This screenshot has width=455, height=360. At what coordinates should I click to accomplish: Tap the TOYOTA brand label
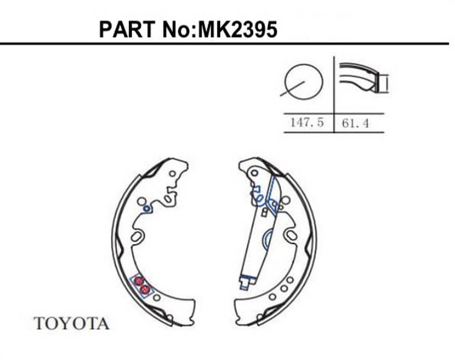[x=71, y=323]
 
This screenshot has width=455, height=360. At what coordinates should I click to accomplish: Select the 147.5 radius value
[x=307, y=122]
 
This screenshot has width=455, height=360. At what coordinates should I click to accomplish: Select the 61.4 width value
[x=355, y=123]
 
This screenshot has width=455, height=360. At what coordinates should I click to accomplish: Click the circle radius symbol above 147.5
[x=304, y=82]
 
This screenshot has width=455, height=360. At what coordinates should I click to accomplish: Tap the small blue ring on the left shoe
[x=146, y=208]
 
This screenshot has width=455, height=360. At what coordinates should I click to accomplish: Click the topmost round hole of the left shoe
[x=172, y=174]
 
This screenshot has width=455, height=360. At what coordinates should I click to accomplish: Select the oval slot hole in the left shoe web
[x=137, y=236]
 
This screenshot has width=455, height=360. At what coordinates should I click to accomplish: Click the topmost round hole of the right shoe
[x=254, y=173]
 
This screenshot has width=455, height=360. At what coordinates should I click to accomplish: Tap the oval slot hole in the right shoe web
[x=291, y=235]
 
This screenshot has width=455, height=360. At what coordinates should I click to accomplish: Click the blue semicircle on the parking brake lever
[x=267, y=239]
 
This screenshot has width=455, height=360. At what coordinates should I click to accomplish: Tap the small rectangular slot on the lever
[x=264, y=212]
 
